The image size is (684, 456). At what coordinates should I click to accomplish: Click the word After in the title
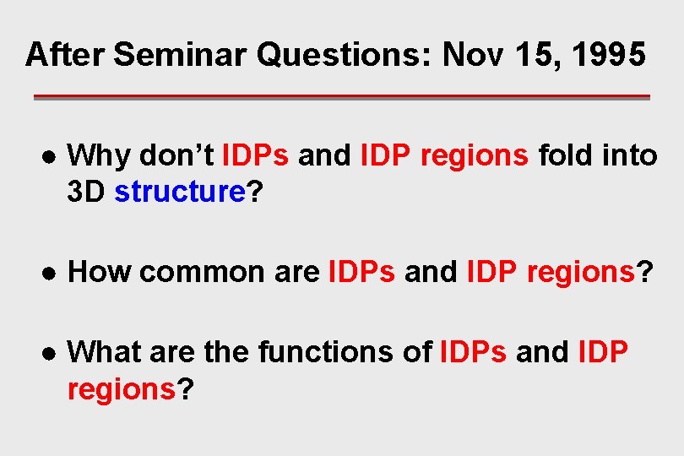(65, 55)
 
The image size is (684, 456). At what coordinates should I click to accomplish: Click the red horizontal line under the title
(341, 97)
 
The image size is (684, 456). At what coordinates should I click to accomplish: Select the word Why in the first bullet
(99, 155)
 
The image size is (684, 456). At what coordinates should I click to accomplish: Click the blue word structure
(179, 192)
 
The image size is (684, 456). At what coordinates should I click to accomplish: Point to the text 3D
(87, 192)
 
